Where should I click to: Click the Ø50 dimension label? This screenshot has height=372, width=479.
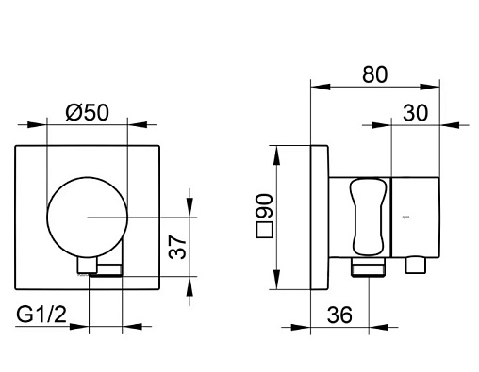(x=88, y=112)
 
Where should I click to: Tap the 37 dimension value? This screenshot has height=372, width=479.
(x=177, y=247)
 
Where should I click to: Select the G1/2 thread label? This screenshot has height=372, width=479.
(x=41, y=315)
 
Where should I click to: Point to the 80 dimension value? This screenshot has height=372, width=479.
(x=375, y=74)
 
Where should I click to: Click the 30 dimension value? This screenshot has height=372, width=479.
(x=415, y=113)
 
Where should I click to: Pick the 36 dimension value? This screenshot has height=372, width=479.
(x=339, y=315)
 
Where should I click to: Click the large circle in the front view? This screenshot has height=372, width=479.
(x=47, y=218)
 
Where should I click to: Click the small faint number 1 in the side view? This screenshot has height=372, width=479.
(x=405, y=217)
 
